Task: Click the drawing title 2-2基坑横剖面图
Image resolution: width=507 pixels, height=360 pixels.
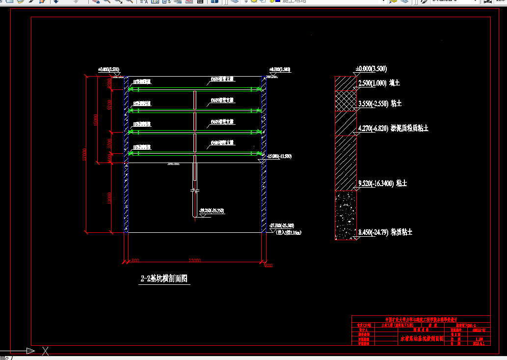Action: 164,279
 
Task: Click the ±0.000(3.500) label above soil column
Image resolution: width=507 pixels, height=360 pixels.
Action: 371,68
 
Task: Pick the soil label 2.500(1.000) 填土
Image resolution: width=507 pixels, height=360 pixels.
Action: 379,83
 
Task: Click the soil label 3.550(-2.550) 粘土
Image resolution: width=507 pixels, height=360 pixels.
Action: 380,104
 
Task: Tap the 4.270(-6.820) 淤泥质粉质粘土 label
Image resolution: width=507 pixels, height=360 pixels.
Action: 393,128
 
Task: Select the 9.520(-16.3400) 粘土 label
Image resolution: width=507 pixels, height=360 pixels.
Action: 383,183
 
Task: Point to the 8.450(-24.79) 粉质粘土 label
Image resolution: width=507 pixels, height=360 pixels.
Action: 385,232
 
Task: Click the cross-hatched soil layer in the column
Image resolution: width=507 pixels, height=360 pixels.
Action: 346,101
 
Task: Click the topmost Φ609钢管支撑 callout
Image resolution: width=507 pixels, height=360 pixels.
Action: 222,79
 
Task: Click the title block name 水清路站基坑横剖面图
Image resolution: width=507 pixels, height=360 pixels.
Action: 421,338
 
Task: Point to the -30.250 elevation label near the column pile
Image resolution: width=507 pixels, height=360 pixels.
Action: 212,211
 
